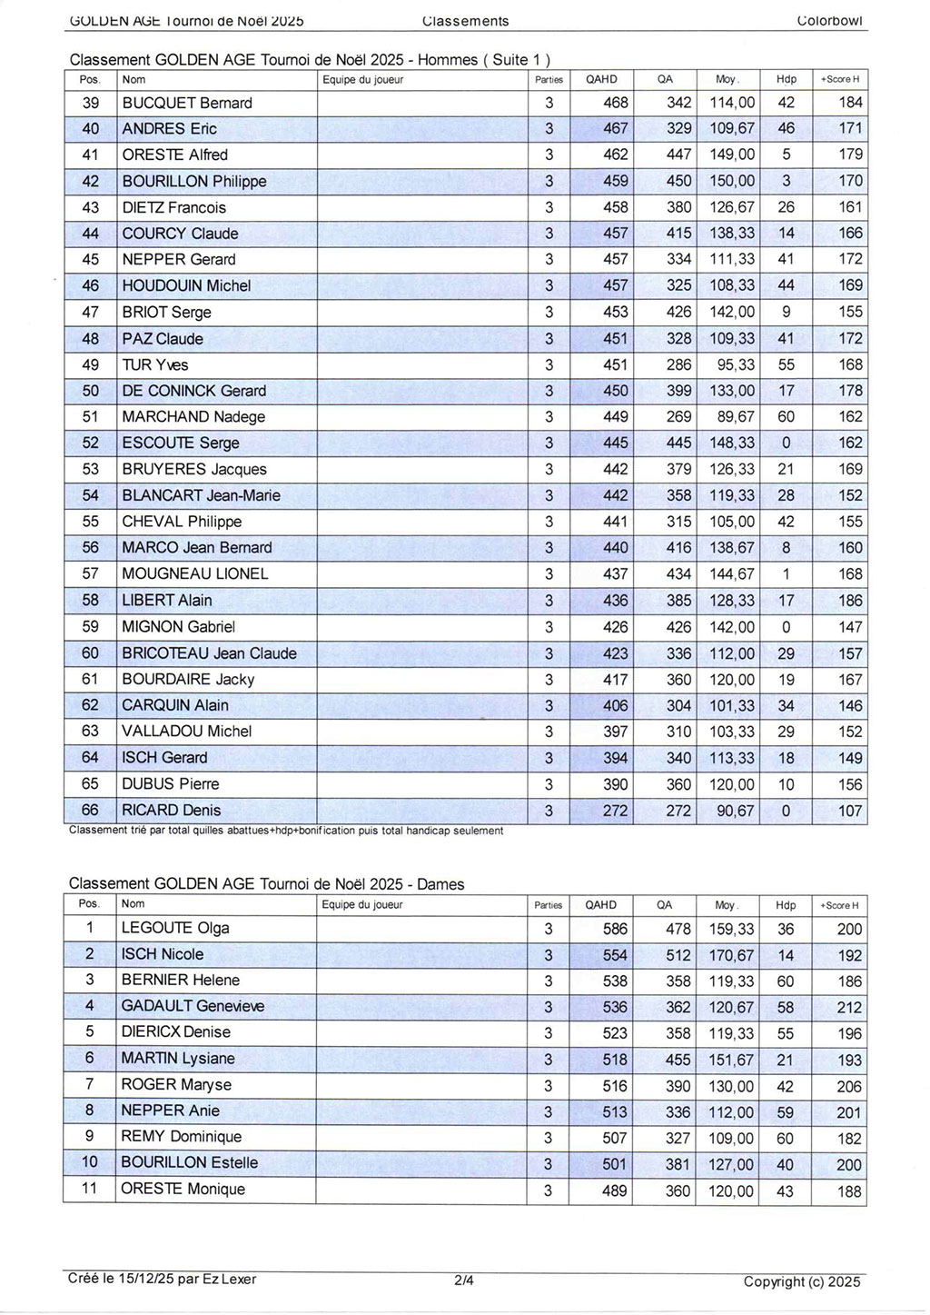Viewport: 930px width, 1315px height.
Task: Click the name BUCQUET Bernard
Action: (x=187, y=103)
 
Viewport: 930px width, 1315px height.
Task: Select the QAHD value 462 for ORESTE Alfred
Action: (x=615, y=154)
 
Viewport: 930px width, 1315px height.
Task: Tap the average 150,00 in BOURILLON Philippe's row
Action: (x=732, y=181)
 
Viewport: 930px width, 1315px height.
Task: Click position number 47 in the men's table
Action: (x=90, y=312)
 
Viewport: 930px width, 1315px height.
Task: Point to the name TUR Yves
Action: (x=155, y=364)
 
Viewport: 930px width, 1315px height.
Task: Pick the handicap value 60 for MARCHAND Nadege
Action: (x=786, y=417)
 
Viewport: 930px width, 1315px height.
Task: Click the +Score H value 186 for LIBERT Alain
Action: (x=850, y=601)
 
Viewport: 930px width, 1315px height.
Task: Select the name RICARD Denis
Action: (x=172, y=810)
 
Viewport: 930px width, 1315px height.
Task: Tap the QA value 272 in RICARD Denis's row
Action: (x=678, y=811)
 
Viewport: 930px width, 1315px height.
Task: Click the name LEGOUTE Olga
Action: (x=175, y=928)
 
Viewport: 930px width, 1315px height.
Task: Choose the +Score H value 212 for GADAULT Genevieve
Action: (x=849, y=1007)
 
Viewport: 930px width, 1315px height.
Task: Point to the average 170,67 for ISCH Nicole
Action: (x=731, y=955)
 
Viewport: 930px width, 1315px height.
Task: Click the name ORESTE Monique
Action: (x=183, y=1189)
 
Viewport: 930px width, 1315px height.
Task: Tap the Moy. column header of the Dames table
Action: (x=726, y=905)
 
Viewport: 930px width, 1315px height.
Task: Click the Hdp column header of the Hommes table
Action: (x=787, y=79)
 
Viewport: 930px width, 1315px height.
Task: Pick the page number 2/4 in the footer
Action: (x=463, y=1280)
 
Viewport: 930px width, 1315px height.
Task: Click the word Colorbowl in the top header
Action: (x=829, y=20)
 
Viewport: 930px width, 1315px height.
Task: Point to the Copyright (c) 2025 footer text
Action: (x=801, y=1281)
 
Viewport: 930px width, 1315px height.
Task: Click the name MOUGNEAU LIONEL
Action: (x=195, y=573)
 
